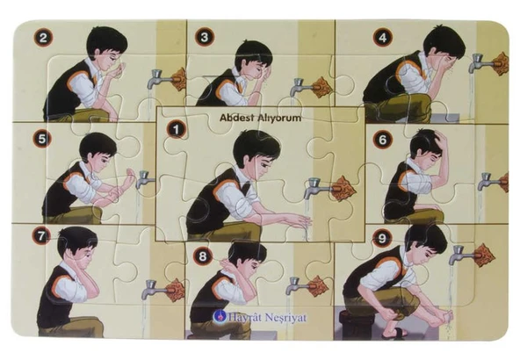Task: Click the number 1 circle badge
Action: pos(176,129)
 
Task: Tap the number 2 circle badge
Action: pos(43,38)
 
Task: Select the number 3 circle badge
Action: pos(205,37)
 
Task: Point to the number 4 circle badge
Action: pos(382,38)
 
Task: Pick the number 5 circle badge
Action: pos(42,139)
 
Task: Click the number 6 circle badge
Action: pos(382,140)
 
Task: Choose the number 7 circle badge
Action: pos(41,236)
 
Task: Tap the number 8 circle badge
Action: pos(203,256)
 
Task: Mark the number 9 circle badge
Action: pos(382,238)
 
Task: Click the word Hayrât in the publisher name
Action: pos(244,318)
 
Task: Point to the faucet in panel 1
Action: pos(318,188)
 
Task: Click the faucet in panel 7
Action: pos(155,290)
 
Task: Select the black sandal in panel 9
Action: pos(394,333)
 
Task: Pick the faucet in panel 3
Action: pos(301,87)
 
